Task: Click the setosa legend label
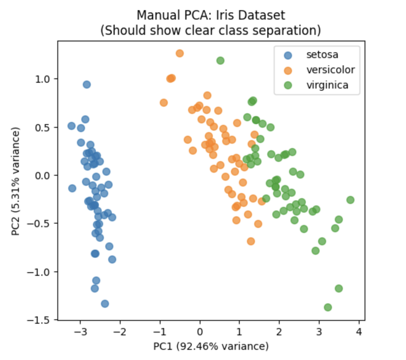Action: [x=322, y=55]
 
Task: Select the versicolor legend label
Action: [x=330, y=70]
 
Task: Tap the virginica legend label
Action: [x=327, y=85]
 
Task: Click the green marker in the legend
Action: [x=288, y=86]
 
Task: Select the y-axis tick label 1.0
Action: [x=44, y=79]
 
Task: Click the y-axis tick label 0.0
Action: [x=44, y=175]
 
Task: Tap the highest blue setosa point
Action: [x=86, y=85]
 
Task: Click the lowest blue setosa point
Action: [x=105, y=304]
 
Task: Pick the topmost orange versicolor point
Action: [x=179, y=53]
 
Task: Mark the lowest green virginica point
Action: [x=328, y=307]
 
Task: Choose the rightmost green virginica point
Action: [x=350, y=200]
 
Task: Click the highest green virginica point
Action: [x=220, y=61]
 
